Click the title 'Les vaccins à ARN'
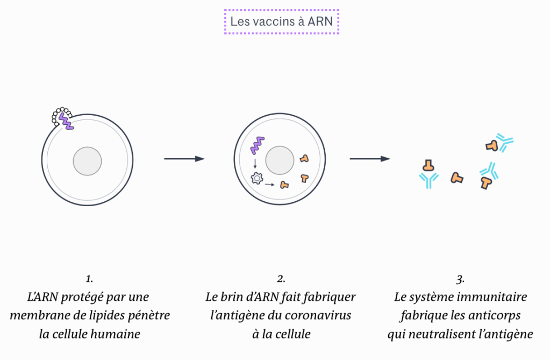(281, 22)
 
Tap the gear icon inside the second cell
(257, 178)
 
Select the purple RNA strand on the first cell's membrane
(66, 121)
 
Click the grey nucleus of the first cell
(87, 161)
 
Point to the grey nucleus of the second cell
(279, 160)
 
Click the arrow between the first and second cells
(184, 159)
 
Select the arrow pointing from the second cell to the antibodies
(370, 159)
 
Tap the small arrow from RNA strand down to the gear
(255, 163)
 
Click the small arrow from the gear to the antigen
(270, 185)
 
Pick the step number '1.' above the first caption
(89, 279)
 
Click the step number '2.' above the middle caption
(281, 279)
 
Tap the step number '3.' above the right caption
(460, 279)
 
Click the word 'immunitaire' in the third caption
(494, 297)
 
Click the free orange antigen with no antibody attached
(457, 178)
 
